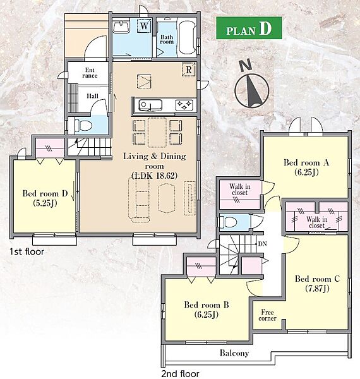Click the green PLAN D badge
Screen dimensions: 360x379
[x=249, y=28]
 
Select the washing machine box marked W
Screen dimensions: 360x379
[x=144, y=26]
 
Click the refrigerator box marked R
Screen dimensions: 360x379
[x=189, y=70]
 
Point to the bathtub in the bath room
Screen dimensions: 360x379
[x=188, y=38]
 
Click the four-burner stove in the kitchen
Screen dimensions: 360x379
[x=184, y=105]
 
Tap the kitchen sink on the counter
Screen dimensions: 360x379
[x=150, y=105]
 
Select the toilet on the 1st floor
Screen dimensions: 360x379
[x=83, y=126]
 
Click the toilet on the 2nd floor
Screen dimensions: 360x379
[x=228, y=222]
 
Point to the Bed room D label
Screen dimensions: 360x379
[x=45, y=198]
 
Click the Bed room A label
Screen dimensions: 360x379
[x=306, y=167]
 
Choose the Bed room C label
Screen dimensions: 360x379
[x=317, y=284]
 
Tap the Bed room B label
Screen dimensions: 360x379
[x=207, y=310]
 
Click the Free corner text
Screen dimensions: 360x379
[x=267, y=315]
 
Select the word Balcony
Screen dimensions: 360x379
[x=234, y=353]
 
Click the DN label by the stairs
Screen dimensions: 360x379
[x=263, y=244]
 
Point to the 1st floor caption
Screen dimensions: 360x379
[x=27, y=251]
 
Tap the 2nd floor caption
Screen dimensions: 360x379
[x=180, y=374]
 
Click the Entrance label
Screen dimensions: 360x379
[x=90, y=73]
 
